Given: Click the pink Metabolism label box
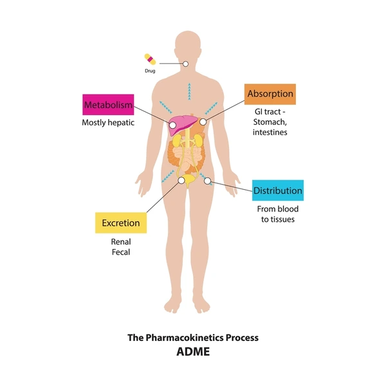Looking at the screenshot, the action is point(108,105).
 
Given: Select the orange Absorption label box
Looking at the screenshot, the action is point(270,94).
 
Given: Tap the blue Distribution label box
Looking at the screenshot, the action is point(278,190).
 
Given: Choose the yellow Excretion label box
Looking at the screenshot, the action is point(121,223).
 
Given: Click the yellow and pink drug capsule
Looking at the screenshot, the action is point(150,59).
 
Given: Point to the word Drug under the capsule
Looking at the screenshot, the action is point(150,71).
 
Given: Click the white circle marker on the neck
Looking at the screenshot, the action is point(186,64).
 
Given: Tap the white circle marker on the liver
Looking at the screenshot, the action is point(172,125).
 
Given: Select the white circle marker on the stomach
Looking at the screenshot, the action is point(203,122).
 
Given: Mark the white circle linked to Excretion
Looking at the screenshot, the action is point(181,180).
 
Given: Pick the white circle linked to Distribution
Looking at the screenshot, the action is point(208,181).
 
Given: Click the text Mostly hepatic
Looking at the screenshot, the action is point(108,123).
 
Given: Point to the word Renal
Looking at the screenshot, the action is point(121,242).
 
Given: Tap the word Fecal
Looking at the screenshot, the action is point(121,252).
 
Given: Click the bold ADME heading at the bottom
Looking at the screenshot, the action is point(193,351).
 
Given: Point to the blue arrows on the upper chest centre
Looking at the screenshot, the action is point(189,91).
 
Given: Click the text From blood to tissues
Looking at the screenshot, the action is point(278,214).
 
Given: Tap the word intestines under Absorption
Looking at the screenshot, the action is point(270,133).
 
